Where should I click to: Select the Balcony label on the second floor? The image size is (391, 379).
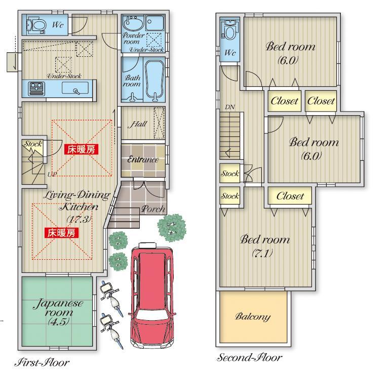(253, 317)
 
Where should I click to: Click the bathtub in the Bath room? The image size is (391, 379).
(154, 79)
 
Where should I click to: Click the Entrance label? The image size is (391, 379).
(143, 159)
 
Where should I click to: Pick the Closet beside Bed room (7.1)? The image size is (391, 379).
(290, 196)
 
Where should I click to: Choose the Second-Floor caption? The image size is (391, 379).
(249, 358)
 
